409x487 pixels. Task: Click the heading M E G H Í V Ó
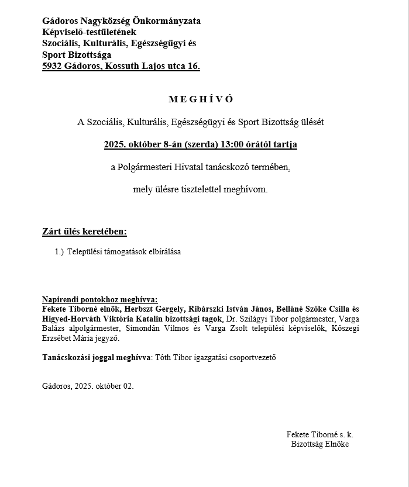201,99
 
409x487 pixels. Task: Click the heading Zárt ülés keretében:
84,232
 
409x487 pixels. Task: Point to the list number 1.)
59,252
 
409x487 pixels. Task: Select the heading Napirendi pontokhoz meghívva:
100,299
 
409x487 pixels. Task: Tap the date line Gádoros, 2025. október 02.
88,386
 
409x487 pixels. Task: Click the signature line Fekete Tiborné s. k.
319,435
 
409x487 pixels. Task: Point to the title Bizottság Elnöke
319,444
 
